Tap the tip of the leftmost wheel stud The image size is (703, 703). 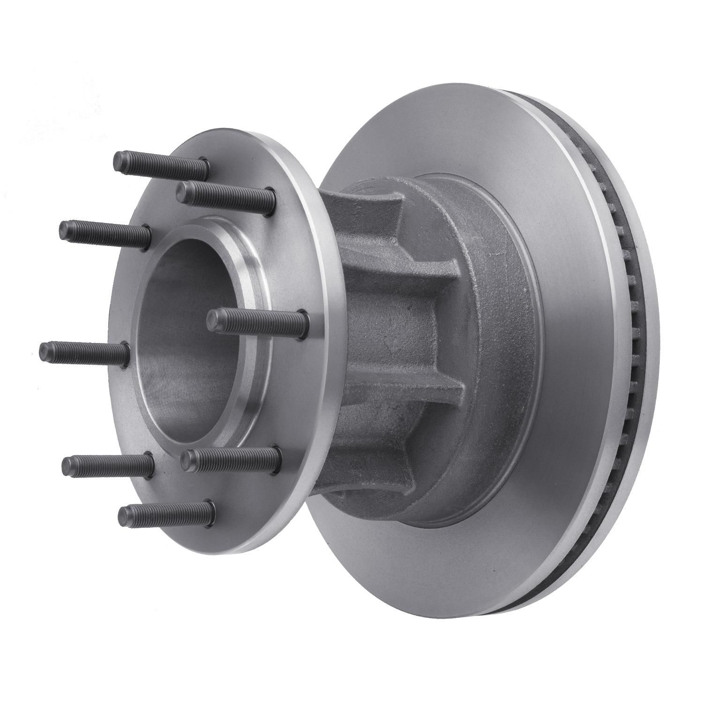[44, 350]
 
